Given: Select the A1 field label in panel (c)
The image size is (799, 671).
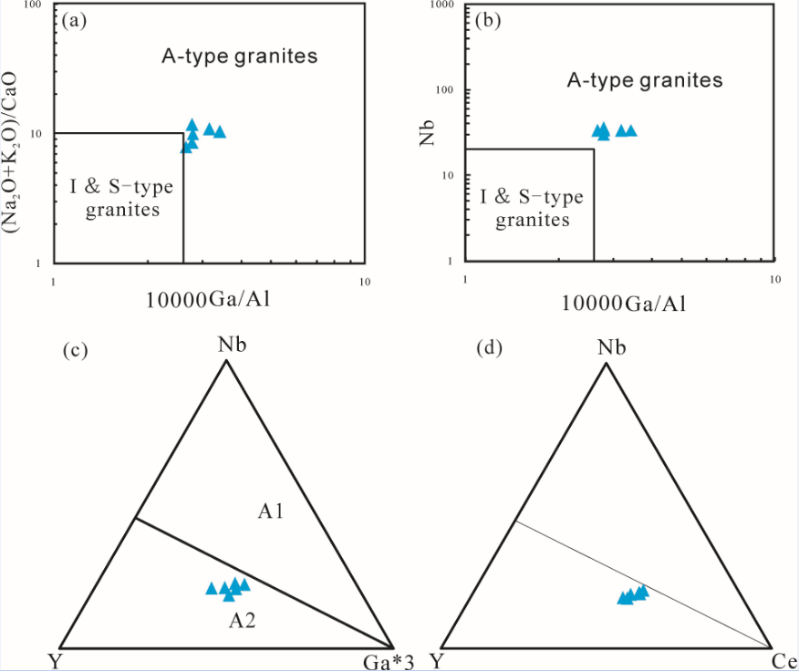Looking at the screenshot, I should coord(271,512).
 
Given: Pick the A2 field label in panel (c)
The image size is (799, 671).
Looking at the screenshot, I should coord(242,623).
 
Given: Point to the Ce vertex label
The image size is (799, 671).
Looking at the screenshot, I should coord(783,660).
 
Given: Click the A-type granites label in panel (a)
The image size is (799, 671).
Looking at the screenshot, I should coord(240,57).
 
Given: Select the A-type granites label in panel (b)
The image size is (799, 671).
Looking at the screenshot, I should coord(645,80).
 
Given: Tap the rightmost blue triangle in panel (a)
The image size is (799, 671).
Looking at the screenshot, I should coord(219,132).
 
